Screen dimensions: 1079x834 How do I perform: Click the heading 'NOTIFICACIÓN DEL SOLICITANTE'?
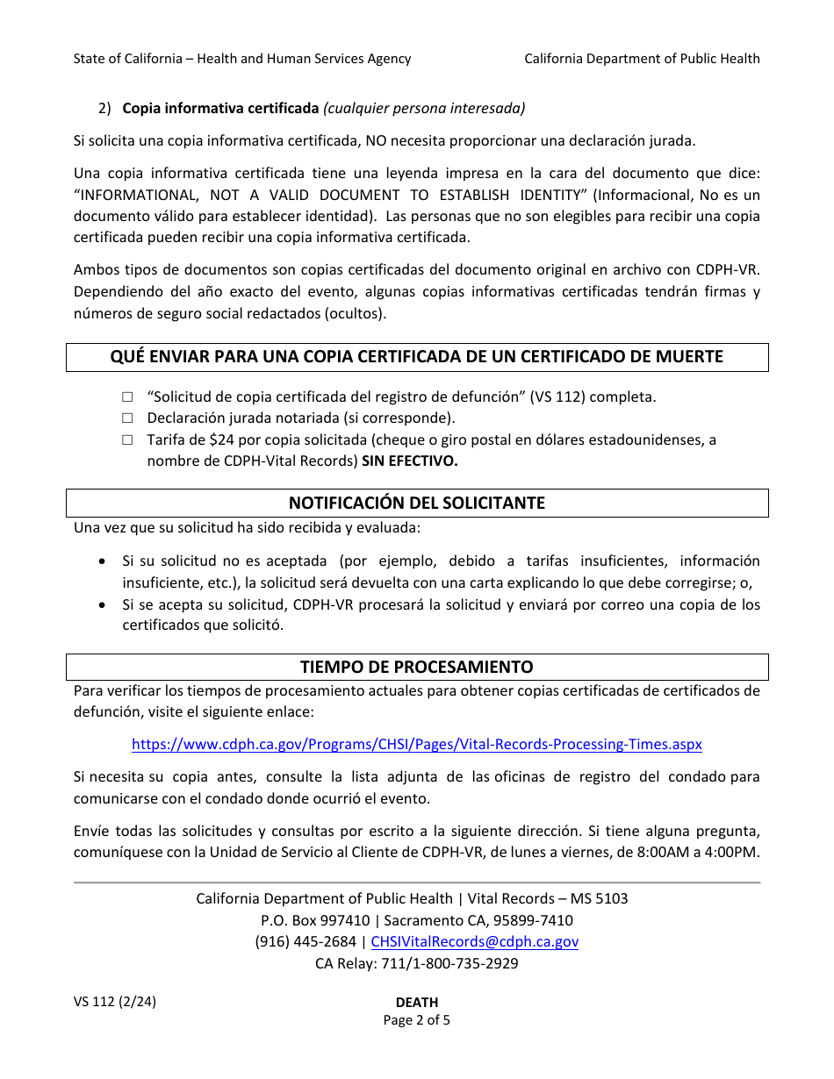417,503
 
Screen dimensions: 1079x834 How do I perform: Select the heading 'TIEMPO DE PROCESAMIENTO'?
417,667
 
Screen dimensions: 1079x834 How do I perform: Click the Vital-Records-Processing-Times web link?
417,744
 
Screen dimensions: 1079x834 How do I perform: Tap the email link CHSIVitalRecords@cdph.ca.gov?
475,941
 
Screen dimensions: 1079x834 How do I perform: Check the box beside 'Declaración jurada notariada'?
127,418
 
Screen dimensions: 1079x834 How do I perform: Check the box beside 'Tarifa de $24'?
127,440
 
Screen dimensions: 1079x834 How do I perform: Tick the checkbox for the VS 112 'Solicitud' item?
127,397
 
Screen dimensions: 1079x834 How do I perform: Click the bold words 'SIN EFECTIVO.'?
410,461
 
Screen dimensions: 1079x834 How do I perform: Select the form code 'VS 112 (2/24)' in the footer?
115,1002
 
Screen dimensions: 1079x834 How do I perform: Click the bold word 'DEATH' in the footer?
417,1003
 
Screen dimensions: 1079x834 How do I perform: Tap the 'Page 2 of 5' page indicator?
417,1020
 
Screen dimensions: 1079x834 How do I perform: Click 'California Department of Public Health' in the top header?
642,59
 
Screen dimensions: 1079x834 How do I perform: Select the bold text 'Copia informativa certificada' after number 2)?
220,109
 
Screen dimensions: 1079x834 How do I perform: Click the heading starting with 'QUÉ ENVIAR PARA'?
417,356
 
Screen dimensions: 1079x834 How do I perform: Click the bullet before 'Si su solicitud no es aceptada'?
104,561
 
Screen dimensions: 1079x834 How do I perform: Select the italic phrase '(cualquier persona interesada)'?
424,109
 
